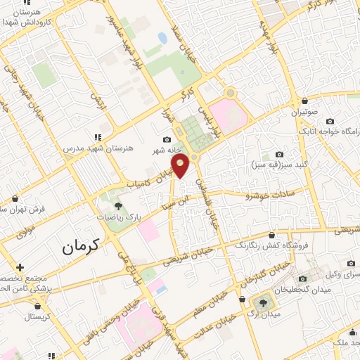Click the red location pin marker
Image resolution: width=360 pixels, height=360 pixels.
[x=181, y=166]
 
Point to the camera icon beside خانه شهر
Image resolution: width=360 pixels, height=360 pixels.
[x=166, y=140]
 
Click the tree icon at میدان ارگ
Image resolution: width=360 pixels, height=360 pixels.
[x=263, y=302]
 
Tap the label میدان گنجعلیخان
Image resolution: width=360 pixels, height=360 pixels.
[x=308, y=289]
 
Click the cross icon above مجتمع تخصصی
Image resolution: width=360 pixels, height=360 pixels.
[x=20, y=268]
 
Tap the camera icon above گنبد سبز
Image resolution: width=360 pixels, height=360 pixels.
[x=279, y=155]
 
